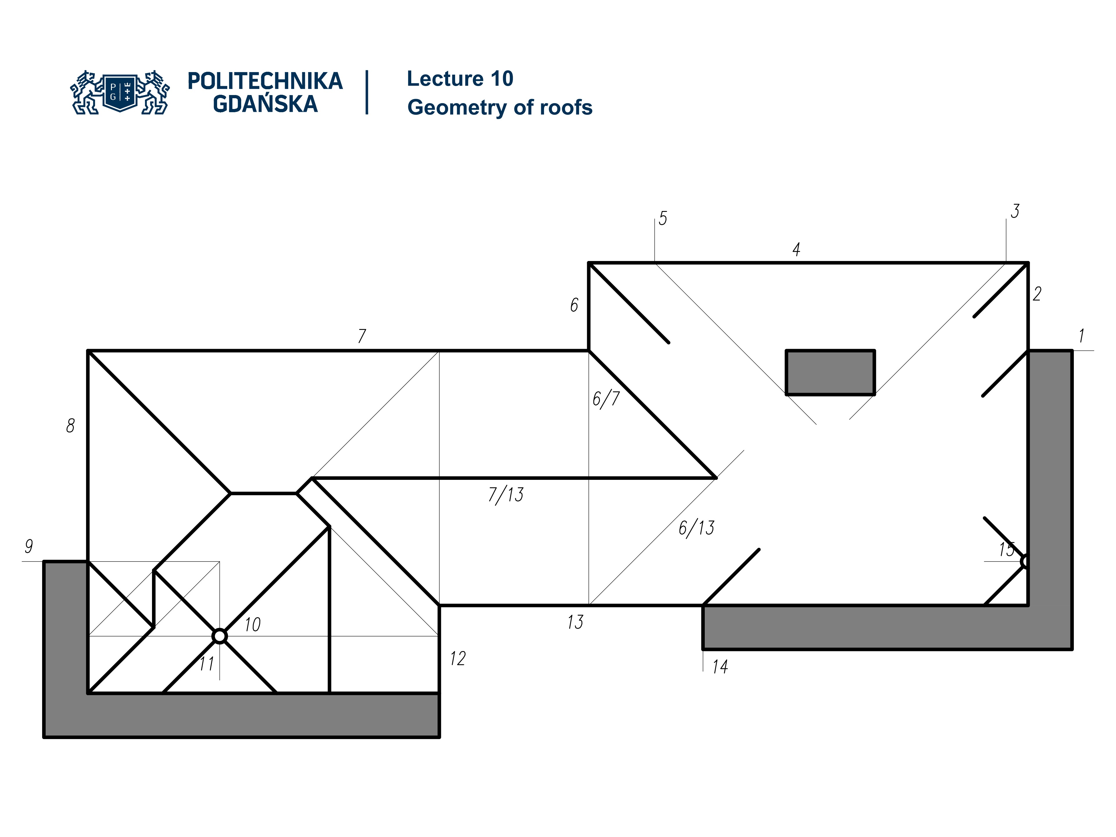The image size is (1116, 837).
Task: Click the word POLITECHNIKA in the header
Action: click(x=265, y=81)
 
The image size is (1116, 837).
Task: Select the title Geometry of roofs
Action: click(x=500, y=108)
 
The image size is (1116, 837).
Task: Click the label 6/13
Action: click(x=696, y=528)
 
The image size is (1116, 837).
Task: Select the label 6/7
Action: click(x=605, y=398)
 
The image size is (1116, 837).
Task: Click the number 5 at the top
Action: click(x=662, y=219)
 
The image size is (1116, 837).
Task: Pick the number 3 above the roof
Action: click(x=1015, y=211)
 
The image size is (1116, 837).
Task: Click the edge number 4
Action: click(x=796, y=249)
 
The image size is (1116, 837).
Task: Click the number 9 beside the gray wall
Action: click(x=29, y=546)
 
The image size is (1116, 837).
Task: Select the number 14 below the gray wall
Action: click(x=720, y=667)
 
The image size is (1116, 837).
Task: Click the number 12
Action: click(x=458, y=658)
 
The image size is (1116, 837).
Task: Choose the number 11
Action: click(x=206, y=663)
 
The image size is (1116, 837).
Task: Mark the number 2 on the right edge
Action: click(x=1037, y=294)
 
